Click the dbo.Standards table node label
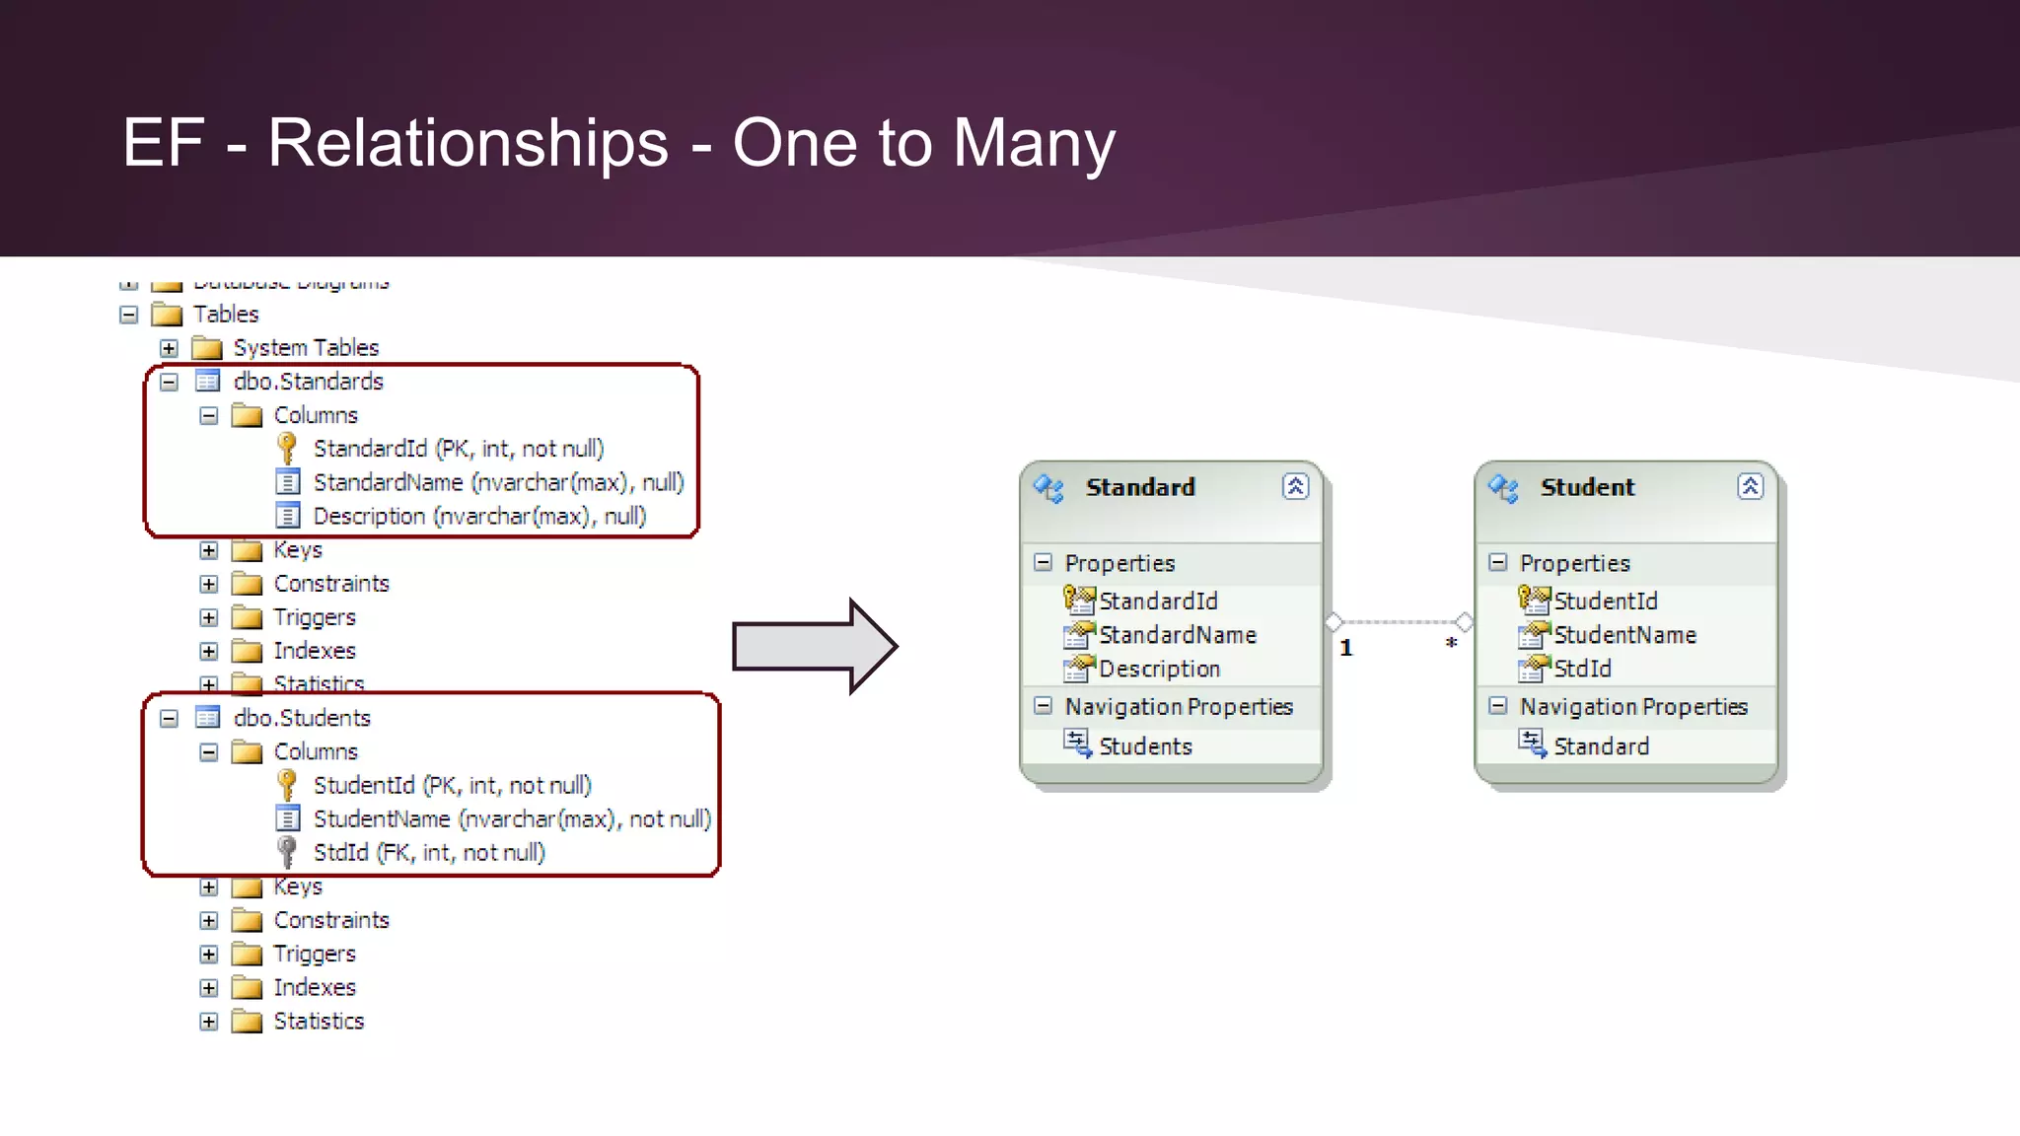tap(308, 382)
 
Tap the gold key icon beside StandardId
tap(287, 449)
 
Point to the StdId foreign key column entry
tap(428, 853)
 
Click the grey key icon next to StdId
tap(287, 852)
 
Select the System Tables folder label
tap(306, 348)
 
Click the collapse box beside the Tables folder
tap(129, 315)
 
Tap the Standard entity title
tap(1139, 487)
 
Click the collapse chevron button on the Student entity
tap(1750, 486)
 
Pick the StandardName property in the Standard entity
tap(1177, 635)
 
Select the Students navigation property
tap(1145, 746)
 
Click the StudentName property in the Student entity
tap(1624, 635)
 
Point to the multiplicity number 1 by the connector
tap(1346, 648)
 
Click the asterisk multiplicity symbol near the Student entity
tap(1451, 644)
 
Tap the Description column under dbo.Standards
tap(478, 517)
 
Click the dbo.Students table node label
tap(302, 718)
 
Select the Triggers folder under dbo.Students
tap(314, 954)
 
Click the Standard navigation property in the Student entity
tap(1601, 746)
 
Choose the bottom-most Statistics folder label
tap(319, 1022)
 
